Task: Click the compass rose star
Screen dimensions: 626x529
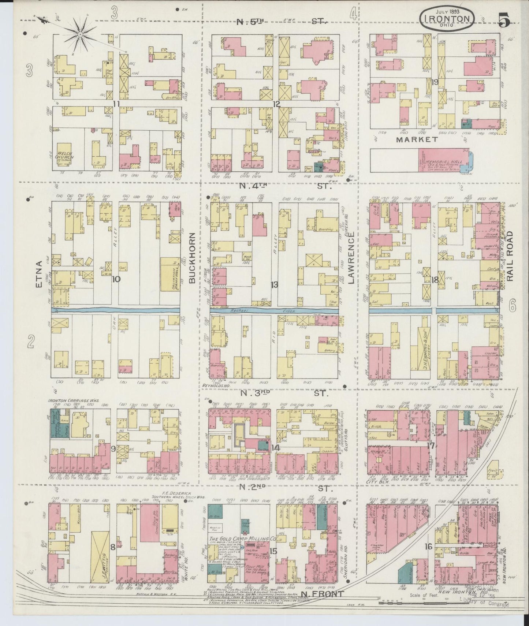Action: [x=80, y=34]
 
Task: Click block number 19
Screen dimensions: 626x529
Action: [x=435, y=82]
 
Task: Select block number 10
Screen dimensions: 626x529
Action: [x=116, y=279]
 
